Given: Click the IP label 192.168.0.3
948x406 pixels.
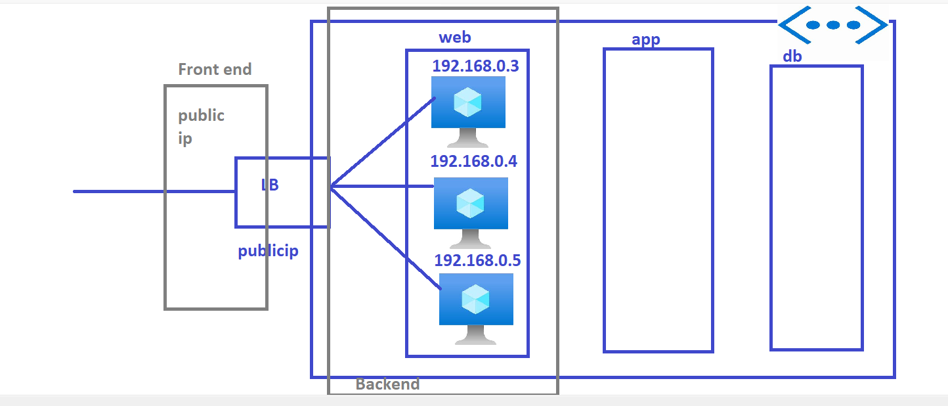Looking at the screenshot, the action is (x=475, y=66).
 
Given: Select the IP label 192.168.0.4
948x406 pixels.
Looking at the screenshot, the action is (x=473, y=162).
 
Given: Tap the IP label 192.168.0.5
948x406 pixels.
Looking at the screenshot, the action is (x=477, y=260).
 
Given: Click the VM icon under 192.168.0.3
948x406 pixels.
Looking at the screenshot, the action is (x=468, y=112).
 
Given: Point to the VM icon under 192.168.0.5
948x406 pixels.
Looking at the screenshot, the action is (x=476, y=309).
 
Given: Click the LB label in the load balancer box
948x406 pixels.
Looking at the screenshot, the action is (x=270, y=185).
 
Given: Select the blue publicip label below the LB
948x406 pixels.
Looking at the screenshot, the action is (x=269, y=251).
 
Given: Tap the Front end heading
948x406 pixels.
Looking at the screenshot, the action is (x=215, y=70).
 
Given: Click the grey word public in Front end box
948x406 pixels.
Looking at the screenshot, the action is (x=201, y=115).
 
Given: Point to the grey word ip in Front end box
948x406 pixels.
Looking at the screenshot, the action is (x=185, y=139).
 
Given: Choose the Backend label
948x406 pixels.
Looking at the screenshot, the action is (x=387, y=384).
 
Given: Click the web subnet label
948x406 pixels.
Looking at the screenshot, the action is (x=455, y=37).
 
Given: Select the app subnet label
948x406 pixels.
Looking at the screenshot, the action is (x=646, y=40).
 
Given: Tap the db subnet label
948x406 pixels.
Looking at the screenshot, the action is (x=792, y=56).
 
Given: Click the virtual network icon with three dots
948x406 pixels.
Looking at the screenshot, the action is (x=833, y=25).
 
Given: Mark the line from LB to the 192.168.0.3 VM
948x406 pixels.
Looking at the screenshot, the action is (x=383, y=143).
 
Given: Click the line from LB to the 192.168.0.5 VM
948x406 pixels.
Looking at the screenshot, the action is (x=385, y=238).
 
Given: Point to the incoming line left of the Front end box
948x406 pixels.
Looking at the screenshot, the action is (x=119, y=192).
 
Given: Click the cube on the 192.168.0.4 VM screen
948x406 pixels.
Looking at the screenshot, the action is (x=470, y=203).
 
